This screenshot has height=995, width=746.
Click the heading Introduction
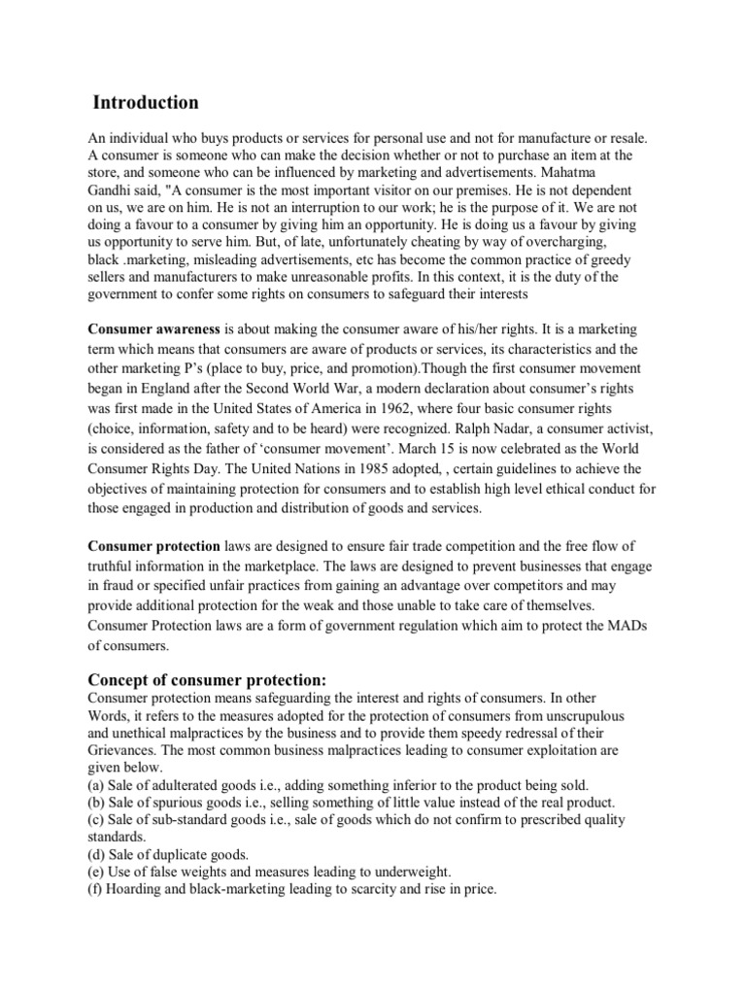pos(146,102)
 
